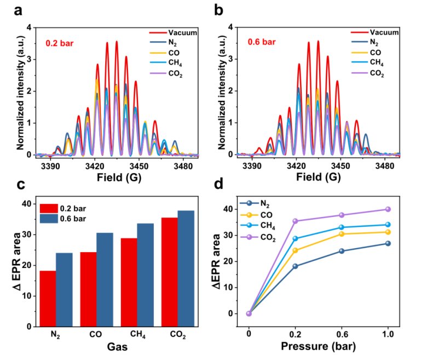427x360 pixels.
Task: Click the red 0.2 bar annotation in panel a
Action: click(57, 40)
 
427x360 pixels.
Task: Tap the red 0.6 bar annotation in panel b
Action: click(258, 40)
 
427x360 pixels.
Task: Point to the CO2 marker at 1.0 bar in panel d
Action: click(388, 209)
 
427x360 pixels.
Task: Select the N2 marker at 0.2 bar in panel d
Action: click(295, 266)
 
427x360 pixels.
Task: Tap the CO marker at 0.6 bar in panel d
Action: click(342, 234)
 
